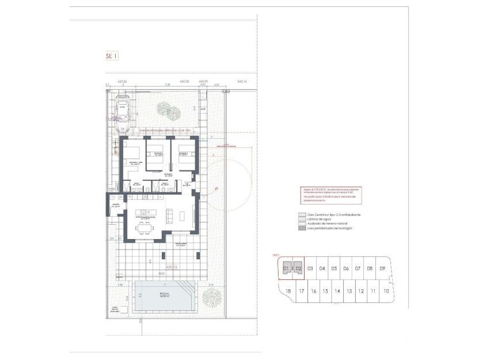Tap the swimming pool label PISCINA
click(x=164, y=293)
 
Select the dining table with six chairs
click(x=144, y=228)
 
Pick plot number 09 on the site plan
click(x=382, y=268)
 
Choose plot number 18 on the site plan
click(x=288, y=291)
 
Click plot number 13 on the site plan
click(x=349, y=291)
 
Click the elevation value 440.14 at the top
click(x=241, y=81)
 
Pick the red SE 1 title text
click(x=111, y=56)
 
